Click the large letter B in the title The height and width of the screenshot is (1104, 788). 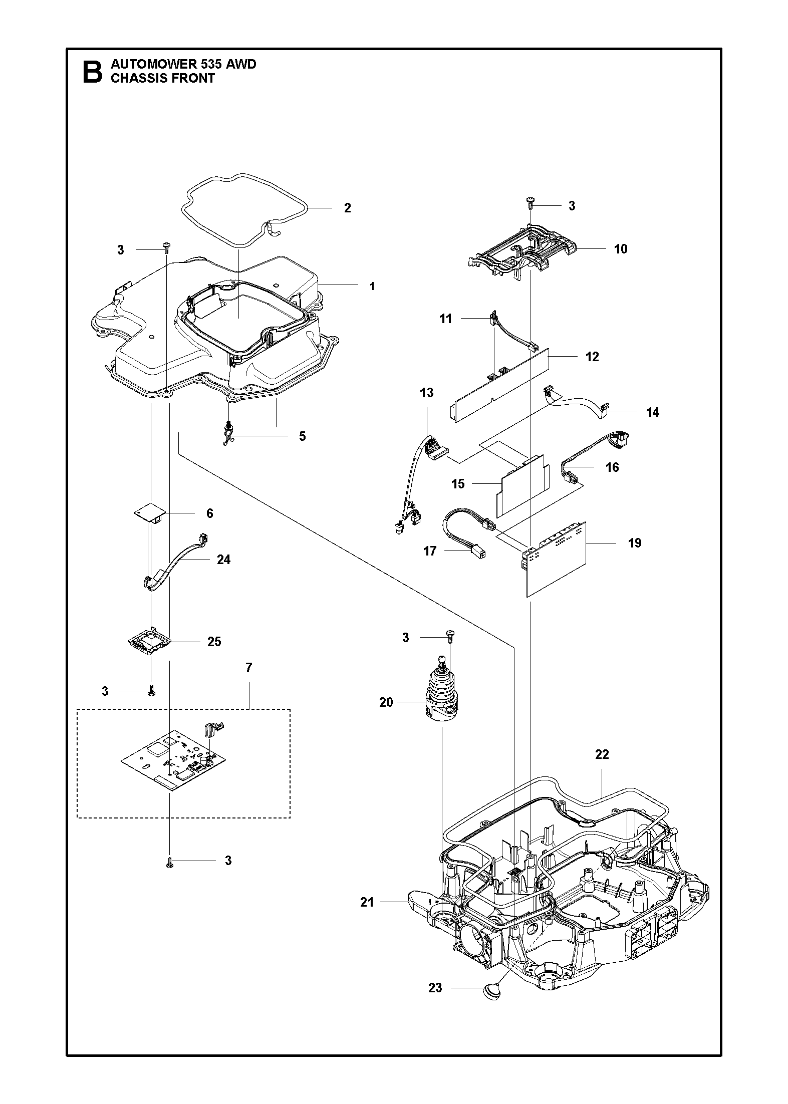coord(92,72)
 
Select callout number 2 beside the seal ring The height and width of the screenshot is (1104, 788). coord(348,208)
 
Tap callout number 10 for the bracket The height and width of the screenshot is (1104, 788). coord(621,249)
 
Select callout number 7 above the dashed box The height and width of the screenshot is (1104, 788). coord(249,668)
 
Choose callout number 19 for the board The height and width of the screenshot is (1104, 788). coord(635,543)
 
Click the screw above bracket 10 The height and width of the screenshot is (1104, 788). coord(530,202)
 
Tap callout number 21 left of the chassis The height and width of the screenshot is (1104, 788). coord(367,902)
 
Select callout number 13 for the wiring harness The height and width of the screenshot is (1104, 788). coord(427,393)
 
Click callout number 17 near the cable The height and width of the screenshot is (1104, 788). coord(430,551)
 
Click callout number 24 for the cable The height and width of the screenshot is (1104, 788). coord(223,560)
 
